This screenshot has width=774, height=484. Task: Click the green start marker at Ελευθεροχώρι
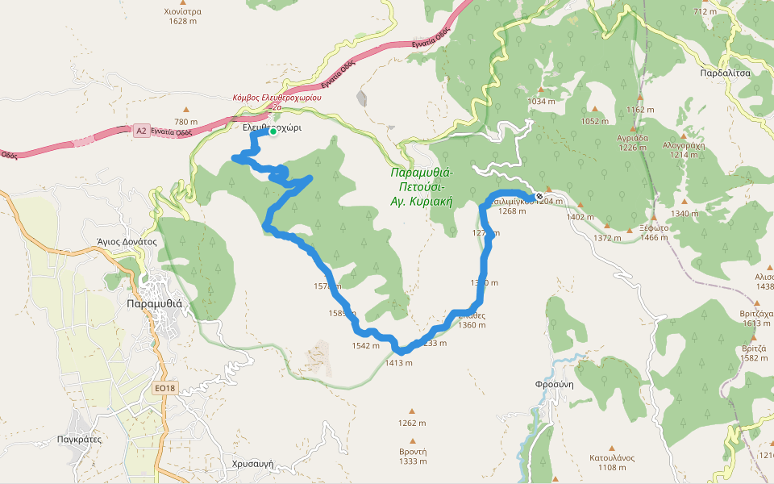(x=273, y=131)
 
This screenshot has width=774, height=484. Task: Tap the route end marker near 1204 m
(x=539, y=196)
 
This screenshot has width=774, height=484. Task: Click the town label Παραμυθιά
(x=155, y=304)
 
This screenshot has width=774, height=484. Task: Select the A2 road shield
(x=142, y=130)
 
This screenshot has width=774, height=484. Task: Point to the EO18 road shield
(x=164, y=389)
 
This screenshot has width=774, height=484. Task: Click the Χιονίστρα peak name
(x=181, y=11)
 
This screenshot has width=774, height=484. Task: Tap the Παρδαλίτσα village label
(x=726, y=72)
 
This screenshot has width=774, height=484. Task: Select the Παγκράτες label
(x=79, y=440)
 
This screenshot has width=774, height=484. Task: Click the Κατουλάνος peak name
(x=612, y=457)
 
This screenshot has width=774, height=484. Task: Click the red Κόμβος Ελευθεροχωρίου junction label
(x=277, y=97)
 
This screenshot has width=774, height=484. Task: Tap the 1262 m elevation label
(x=412, y=423)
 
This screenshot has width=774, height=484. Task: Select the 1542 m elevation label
(x=365, y=345)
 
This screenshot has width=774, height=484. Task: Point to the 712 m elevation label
(x=705, y=11)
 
